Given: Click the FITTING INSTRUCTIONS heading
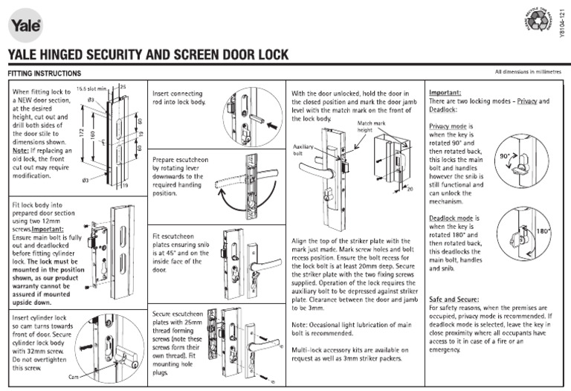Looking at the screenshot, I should [44, 74].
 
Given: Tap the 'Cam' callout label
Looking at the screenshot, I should [73, 378].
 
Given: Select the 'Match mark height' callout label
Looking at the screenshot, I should [370, 126].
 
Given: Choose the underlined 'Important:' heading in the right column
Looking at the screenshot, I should [445, 93].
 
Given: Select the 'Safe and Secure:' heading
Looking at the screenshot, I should [455, 298].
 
